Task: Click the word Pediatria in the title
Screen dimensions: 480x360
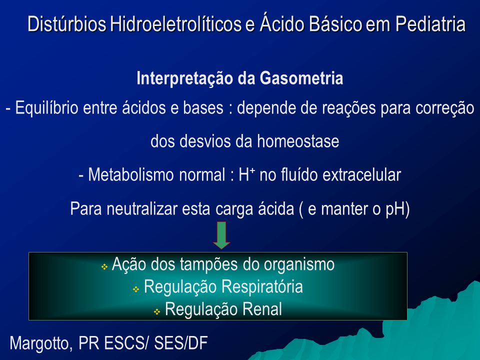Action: (x=430, y=24)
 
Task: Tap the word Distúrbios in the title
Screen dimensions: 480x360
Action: (x=67, y=24)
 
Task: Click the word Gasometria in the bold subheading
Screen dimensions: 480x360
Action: (x=301, y=78)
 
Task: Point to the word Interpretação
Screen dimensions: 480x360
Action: (x=185, y=78)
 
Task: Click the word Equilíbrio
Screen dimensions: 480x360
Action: (x=47, y=108)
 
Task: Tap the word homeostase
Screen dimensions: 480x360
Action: (x=298, y=141)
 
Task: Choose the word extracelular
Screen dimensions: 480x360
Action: (x=362, y=175)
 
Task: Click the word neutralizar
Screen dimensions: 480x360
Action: (x=142, y=209)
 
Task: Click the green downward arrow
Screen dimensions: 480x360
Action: (x=221, y=235)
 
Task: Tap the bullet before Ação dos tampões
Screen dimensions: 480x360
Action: (x=104, y=267)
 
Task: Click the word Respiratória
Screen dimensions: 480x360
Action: (x=262, y=287)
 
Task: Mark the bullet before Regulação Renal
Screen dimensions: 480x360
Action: (x=156, y=311)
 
